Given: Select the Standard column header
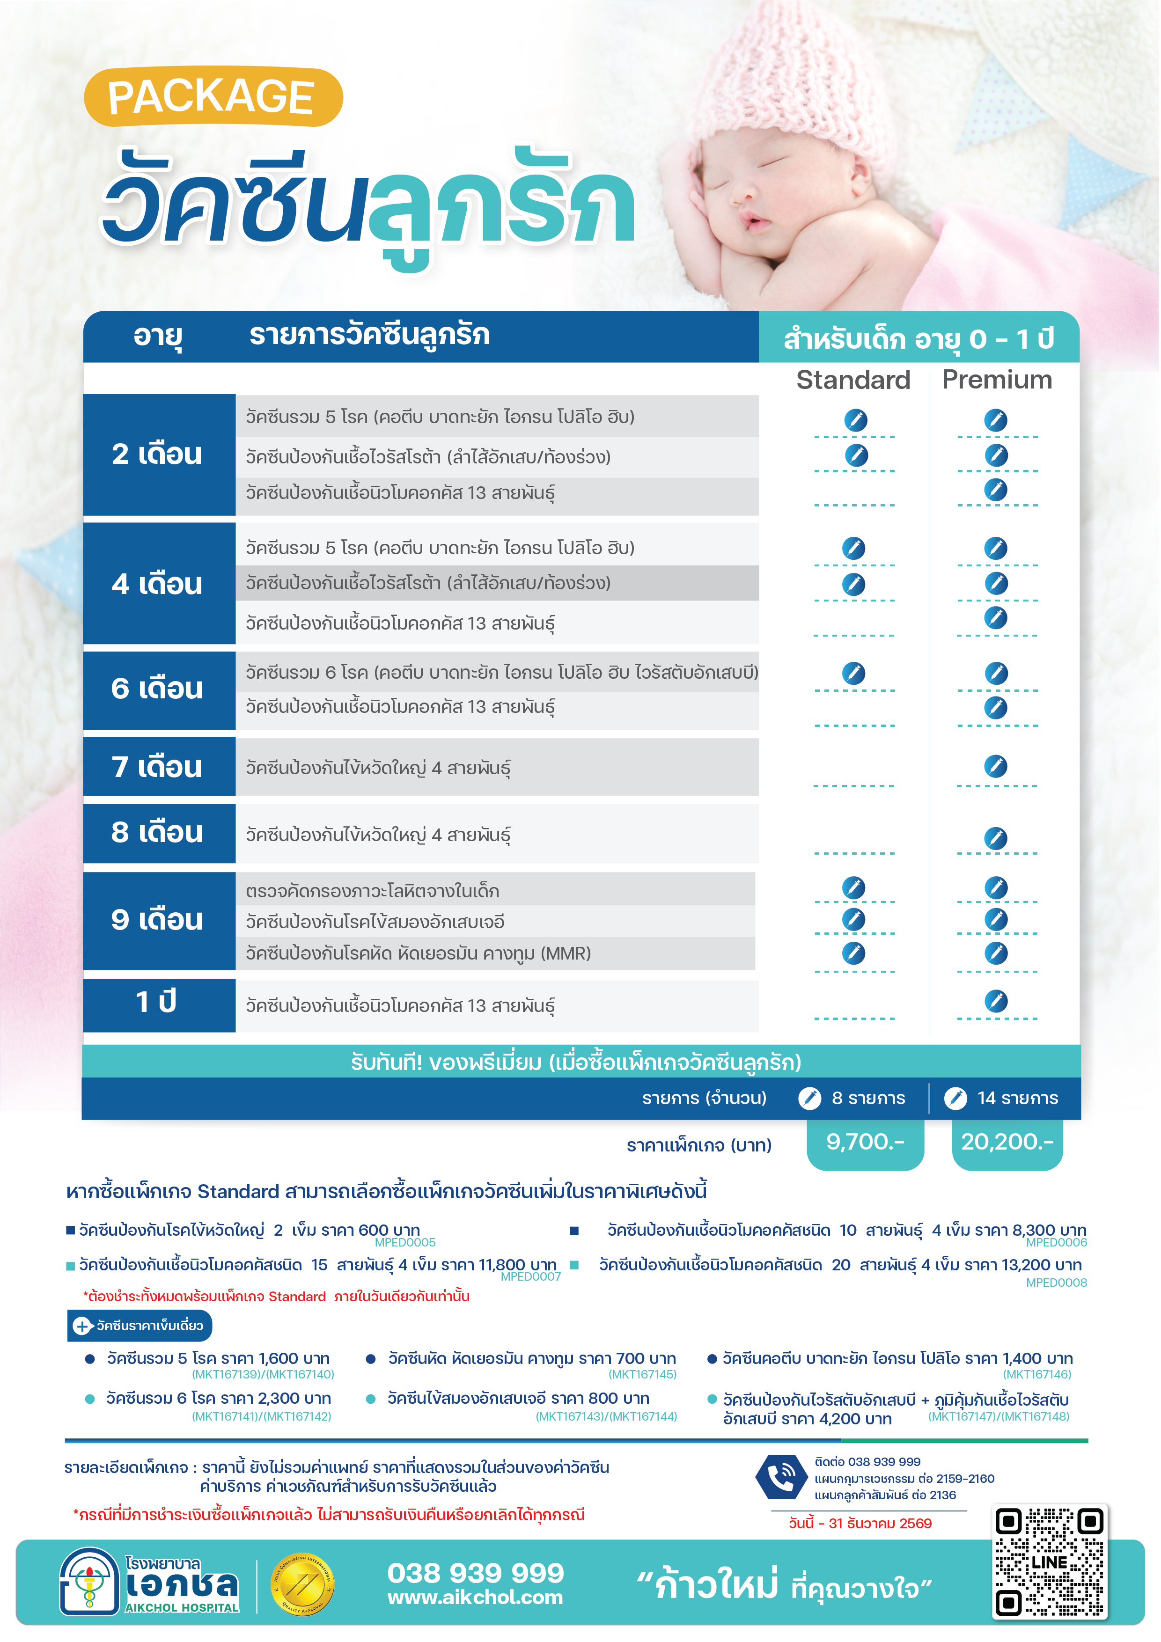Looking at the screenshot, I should (852, 380).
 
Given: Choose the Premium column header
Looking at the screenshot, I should (997, 380).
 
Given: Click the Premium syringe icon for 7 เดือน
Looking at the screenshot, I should (995, 766).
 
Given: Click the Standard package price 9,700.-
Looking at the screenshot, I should (865, 1142).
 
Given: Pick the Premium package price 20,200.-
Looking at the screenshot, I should (1007, 1142).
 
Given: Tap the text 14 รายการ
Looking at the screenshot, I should (1017, 1099).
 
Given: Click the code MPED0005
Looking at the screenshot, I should (405, 1243).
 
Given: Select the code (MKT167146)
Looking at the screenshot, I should (1036, 1375).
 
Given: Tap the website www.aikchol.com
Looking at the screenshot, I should (475, 1598).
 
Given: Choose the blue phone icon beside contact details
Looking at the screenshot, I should (780, 1477).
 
